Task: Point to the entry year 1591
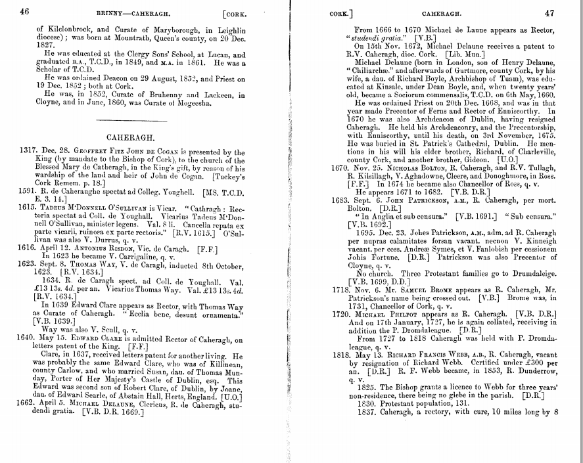pos(28,191)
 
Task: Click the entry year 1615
pos(28,206)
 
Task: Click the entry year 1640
pos(28,339)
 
